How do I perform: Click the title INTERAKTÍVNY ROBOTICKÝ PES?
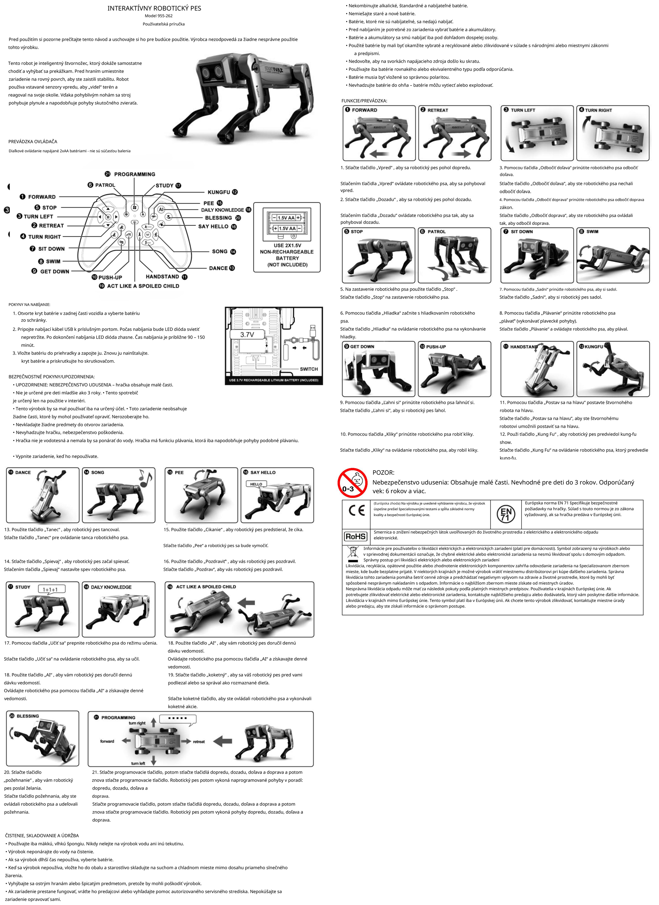pos(154,9)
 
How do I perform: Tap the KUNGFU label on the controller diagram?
pos(219,192)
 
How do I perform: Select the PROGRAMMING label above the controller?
pos(135,174)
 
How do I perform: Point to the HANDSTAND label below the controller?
pos(162,277)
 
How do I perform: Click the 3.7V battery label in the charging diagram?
pos(247,334)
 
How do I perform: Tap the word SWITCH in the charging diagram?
pos(309,369)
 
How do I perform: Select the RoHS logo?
pos(356,536)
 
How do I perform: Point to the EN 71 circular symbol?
pos(506,514)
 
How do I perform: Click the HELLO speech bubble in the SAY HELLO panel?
pos(256,484)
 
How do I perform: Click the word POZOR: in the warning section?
pos(383,473)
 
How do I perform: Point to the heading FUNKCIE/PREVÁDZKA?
pos(364,101)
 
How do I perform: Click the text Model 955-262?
pos(159,16)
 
